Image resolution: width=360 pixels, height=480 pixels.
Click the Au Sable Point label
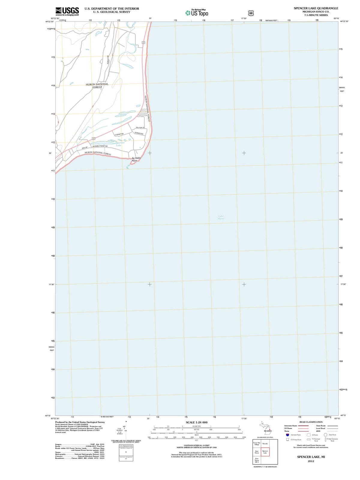click(x=136, y=159)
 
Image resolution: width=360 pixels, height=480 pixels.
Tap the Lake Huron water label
click(x=221, y=217)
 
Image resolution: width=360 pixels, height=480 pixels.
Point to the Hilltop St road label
click(x=140, y=128)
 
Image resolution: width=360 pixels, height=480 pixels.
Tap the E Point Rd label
click(x=119, y=134)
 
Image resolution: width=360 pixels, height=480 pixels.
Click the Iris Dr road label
click(x=85, y=148)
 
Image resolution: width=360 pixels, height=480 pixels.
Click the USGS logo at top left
click(x=67, y=11)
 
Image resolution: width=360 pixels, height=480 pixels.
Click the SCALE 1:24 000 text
click(x=196, y=422)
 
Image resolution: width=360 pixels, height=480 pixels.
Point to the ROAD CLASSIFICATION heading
click(x=311, y=422)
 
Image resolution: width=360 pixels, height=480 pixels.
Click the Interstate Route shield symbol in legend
click(x=287, y=435)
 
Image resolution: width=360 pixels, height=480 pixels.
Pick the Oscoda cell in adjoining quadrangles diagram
click(x=265, y=443)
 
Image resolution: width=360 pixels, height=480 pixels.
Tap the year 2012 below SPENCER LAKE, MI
click(x=311, y=461)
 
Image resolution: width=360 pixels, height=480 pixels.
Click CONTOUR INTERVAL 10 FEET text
click(x=196, y=445)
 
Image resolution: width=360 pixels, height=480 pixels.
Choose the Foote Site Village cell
click(x=257, y=444)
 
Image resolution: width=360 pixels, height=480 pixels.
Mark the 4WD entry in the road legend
click(x=318, y=431)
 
